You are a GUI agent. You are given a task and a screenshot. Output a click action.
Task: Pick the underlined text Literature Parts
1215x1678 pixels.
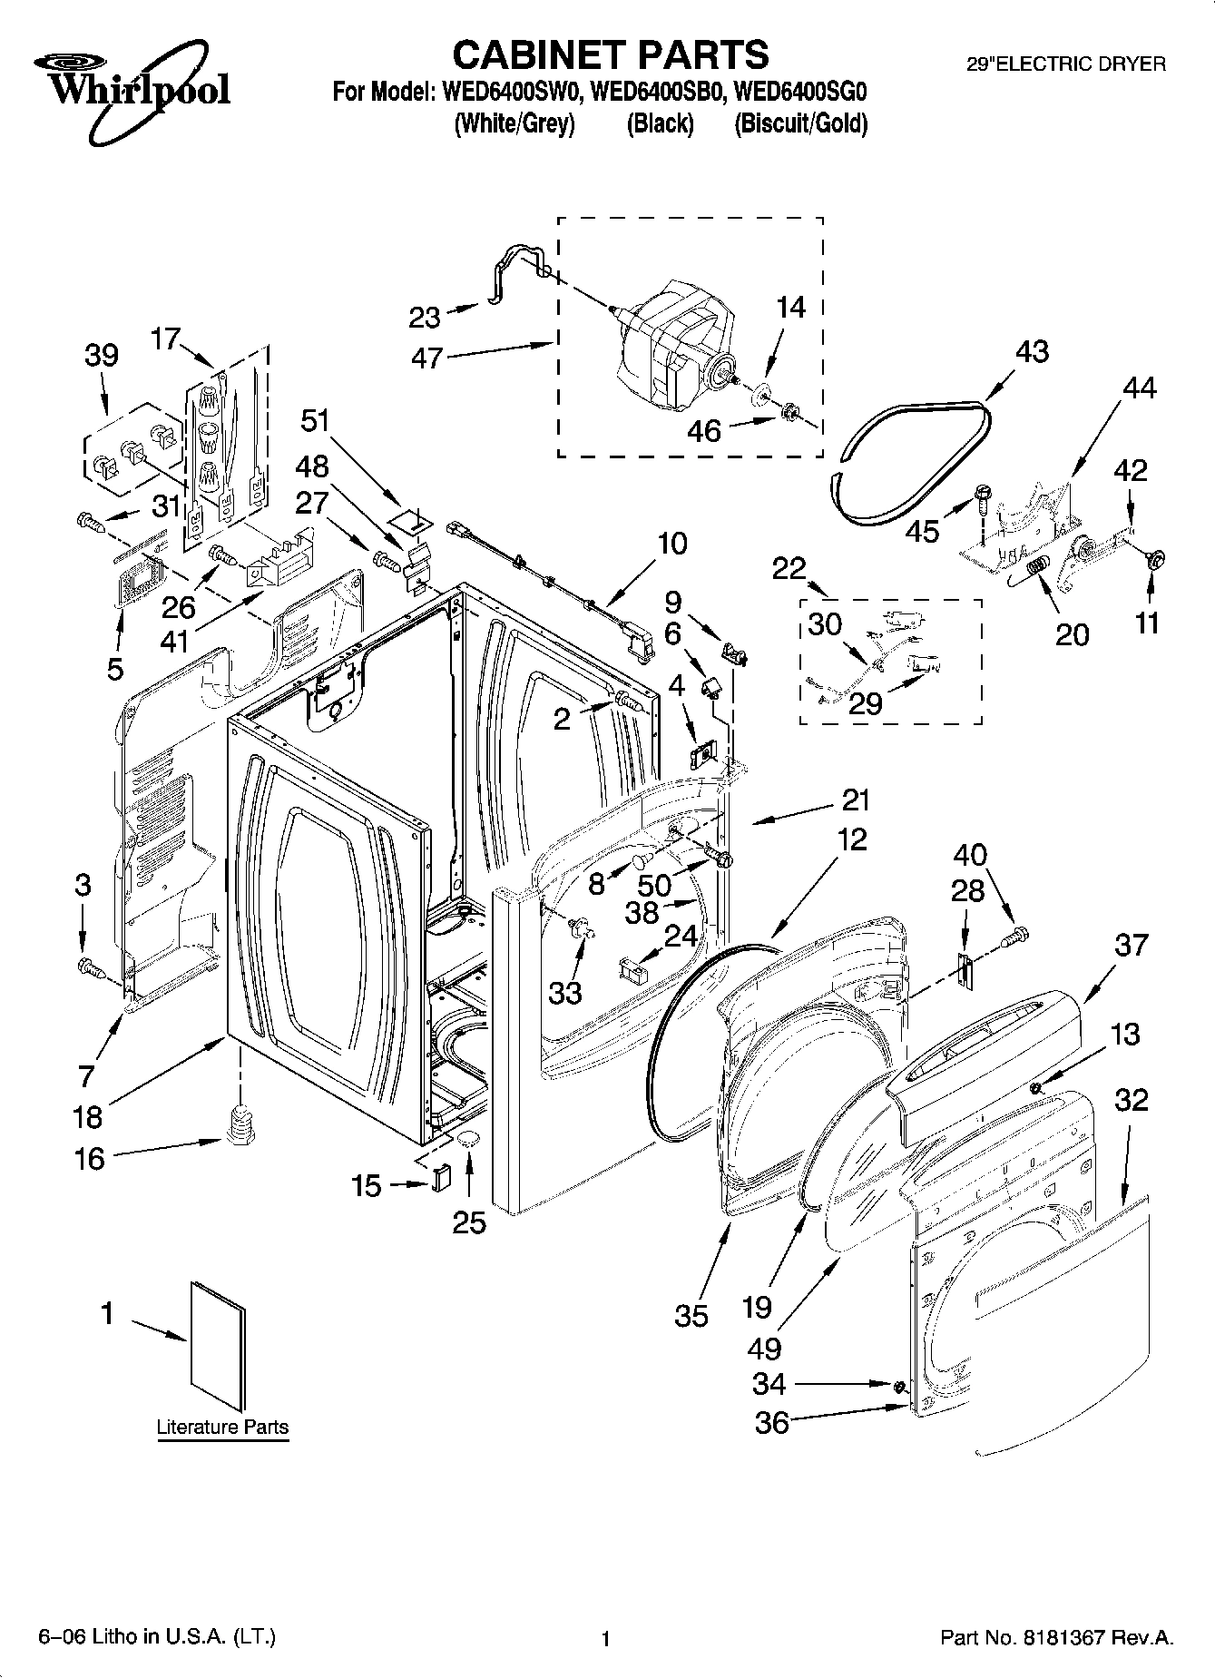[x=222, y=1427]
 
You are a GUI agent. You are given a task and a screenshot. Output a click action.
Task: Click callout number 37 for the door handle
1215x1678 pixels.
[x=1132, y=945]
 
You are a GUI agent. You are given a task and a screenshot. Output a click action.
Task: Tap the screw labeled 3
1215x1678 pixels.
[x=89, y=967]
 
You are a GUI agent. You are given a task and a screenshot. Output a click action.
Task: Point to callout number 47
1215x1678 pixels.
[x=426, y=358]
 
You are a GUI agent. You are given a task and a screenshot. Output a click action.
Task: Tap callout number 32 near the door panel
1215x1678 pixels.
[x=1132, y=1100]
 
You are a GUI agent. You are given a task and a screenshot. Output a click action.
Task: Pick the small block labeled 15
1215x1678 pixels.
[x=441, y=1178]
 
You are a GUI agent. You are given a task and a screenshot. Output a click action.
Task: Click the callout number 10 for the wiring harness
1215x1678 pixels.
[x=671, y=544]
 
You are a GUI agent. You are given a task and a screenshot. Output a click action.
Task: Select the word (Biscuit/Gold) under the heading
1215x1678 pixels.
[x=800, y=123]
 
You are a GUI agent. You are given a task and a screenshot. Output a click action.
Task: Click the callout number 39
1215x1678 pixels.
[x=102, y=355]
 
